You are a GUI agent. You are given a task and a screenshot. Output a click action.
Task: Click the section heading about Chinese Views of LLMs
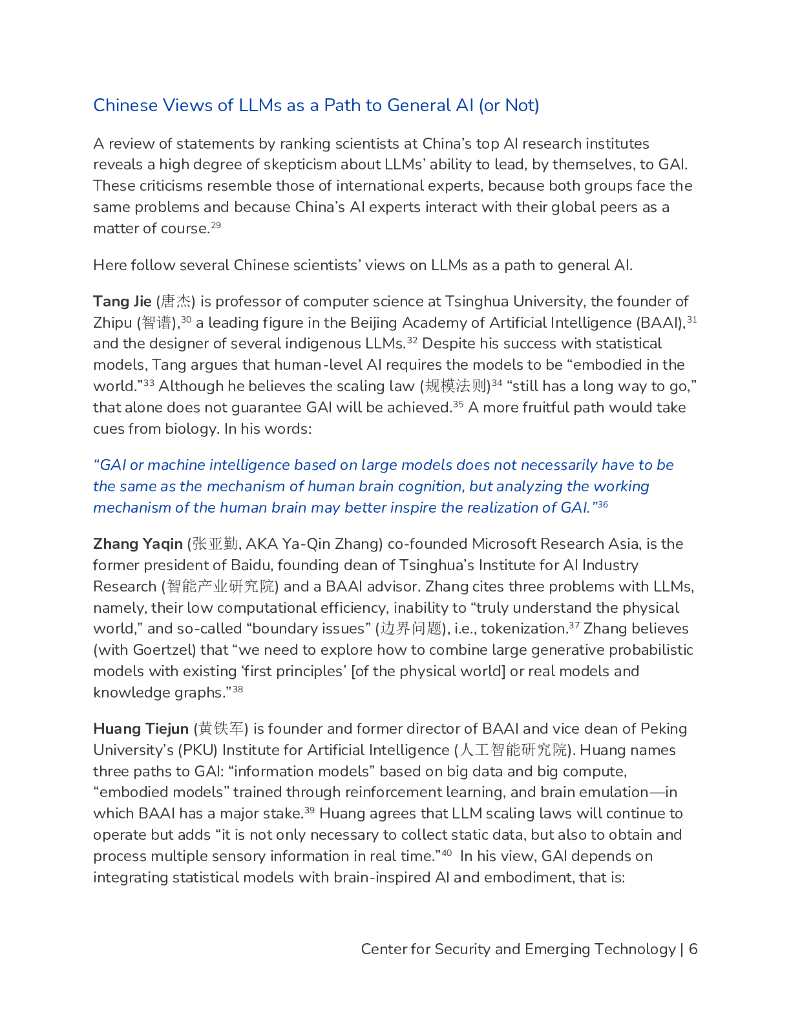point(316,105)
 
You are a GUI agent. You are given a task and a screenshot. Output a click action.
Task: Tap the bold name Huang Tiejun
point(141,728)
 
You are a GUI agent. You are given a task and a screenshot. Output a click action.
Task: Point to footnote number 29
point(215,226)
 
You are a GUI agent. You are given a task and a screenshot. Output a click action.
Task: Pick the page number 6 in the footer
point(693,949)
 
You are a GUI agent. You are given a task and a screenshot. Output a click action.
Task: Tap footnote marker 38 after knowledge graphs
point(238,690)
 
